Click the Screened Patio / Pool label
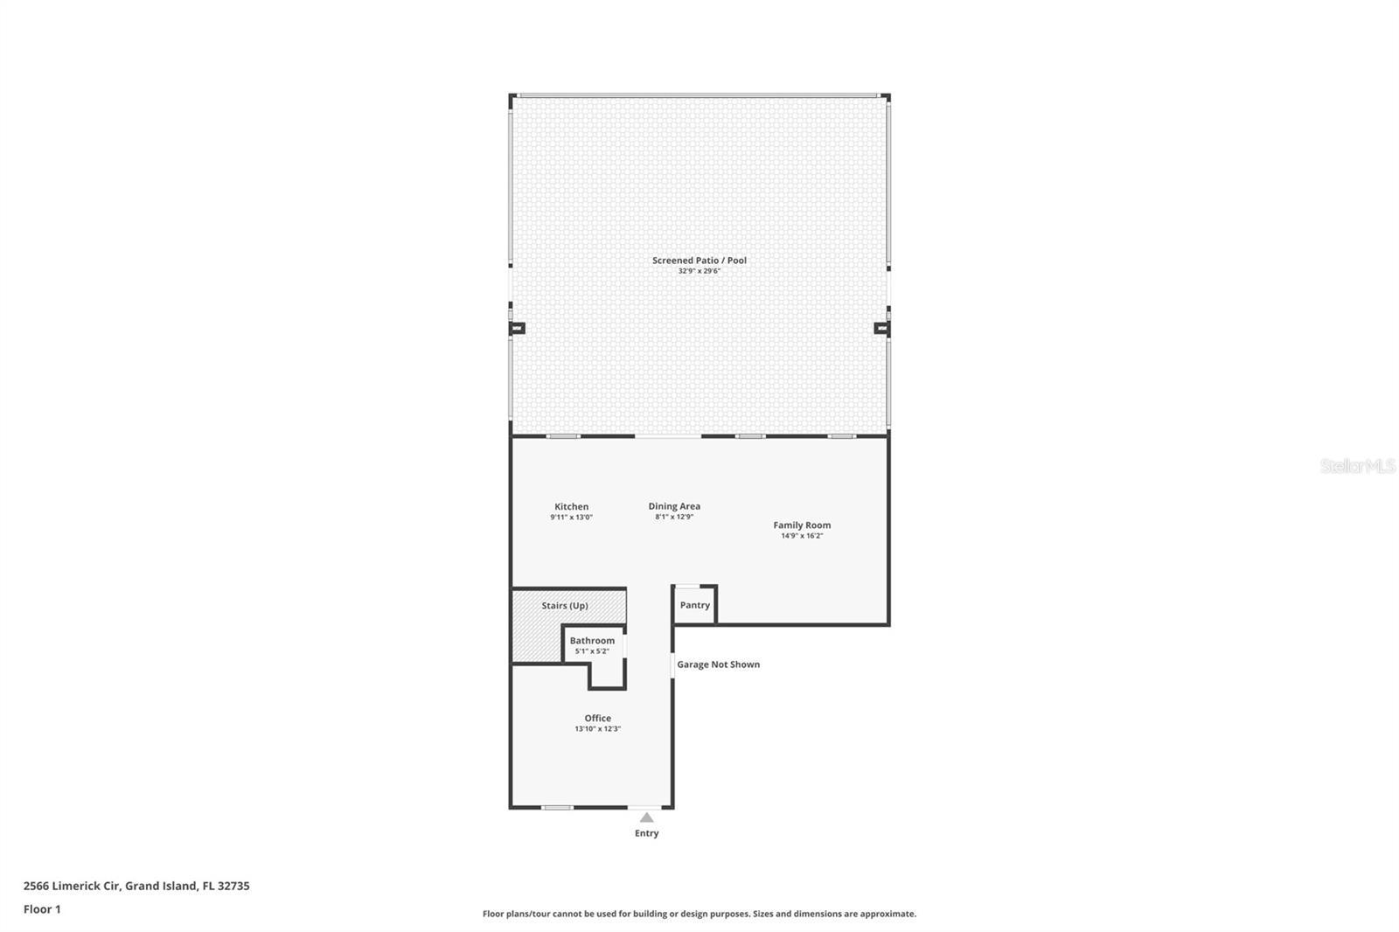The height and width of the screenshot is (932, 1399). (699, 261)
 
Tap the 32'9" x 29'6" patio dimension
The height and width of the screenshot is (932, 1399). (699, 271)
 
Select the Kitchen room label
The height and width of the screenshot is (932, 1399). (571, 507)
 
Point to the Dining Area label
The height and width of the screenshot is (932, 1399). (674, 506)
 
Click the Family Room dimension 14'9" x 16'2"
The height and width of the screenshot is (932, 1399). (801, 536)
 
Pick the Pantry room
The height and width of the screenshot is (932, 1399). (695, 605)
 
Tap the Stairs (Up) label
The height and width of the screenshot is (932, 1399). (564, 606)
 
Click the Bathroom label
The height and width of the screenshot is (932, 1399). (592, 641)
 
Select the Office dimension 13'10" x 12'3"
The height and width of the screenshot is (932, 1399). (597, 729)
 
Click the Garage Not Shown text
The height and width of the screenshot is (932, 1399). (718, 664)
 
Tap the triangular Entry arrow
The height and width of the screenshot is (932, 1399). (646, 818)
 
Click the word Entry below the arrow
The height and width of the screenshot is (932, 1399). (646, 833)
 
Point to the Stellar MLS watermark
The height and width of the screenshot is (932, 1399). (1357, 466)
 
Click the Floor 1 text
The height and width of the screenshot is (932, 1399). (42, 909)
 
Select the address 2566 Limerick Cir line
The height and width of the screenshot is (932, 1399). (136, 886)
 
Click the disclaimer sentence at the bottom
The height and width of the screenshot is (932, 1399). (699, 914)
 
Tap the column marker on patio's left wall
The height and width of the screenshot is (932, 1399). (517, 329)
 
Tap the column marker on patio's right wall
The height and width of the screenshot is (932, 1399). (881, 329)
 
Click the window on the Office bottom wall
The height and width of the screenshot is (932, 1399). (557, 807)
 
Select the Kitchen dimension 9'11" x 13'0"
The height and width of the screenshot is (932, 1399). (571, 518)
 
